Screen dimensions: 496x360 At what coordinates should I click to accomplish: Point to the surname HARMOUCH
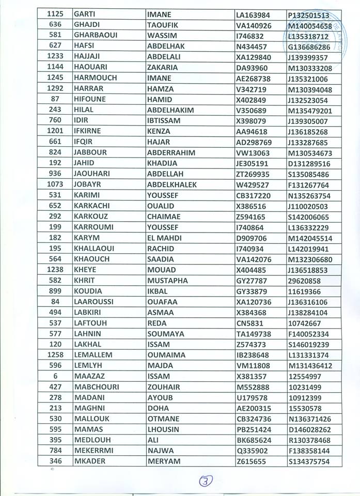tap(95, 78)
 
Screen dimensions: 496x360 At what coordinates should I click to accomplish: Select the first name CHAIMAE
tap(164, 217)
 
